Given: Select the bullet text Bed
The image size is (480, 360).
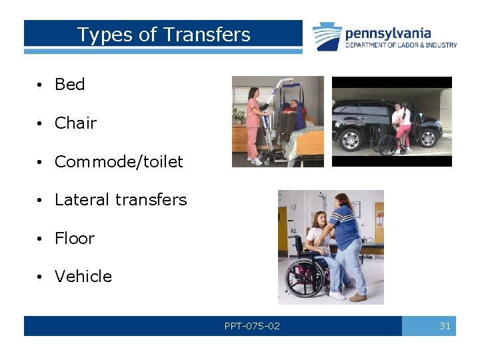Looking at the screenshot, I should (69, 85).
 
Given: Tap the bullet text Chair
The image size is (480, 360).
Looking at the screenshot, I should (75, 123).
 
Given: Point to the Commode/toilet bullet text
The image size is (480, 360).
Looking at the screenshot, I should (119, 162).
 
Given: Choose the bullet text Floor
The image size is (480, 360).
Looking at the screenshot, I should (75, 239).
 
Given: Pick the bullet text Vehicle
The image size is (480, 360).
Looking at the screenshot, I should (83, 277).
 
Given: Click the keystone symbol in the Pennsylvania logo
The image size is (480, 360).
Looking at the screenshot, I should (327, 36).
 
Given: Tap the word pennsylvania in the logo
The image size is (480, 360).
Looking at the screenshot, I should (388, 33).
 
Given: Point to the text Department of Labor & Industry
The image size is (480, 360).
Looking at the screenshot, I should (401, 45).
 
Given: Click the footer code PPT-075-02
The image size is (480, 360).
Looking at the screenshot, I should (252, 326).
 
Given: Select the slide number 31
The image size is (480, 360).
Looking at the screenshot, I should (445, 326).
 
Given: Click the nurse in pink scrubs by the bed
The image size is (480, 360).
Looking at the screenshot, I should (253, 120).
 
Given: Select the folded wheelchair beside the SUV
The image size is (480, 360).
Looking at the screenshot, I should (384, 141).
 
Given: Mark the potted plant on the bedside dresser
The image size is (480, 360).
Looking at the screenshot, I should (238, 115).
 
